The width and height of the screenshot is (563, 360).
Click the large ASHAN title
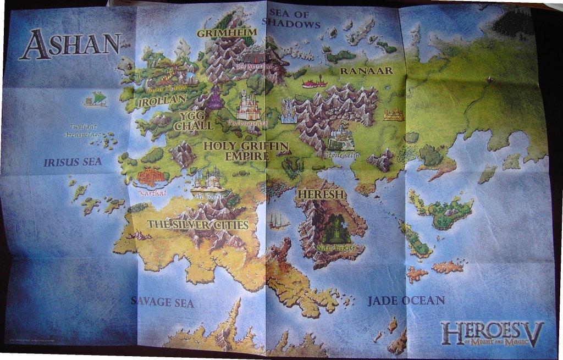(70, 44)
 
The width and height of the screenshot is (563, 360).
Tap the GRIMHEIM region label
(219, 33)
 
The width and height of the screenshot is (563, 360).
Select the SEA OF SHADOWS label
(291, 19)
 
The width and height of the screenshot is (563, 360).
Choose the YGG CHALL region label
(193, 121)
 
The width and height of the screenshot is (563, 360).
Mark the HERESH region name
(321, 195)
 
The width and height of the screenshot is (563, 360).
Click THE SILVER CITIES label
(197, 225)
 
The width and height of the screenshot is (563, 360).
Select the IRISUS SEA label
(73, 162)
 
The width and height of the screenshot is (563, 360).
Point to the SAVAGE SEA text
(162, 302)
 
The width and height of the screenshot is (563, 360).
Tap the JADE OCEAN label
(406, 301)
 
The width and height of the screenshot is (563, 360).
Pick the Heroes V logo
(492, 334)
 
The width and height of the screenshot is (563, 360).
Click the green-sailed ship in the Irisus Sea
(95, 99)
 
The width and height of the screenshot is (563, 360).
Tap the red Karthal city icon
(151, 177)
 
